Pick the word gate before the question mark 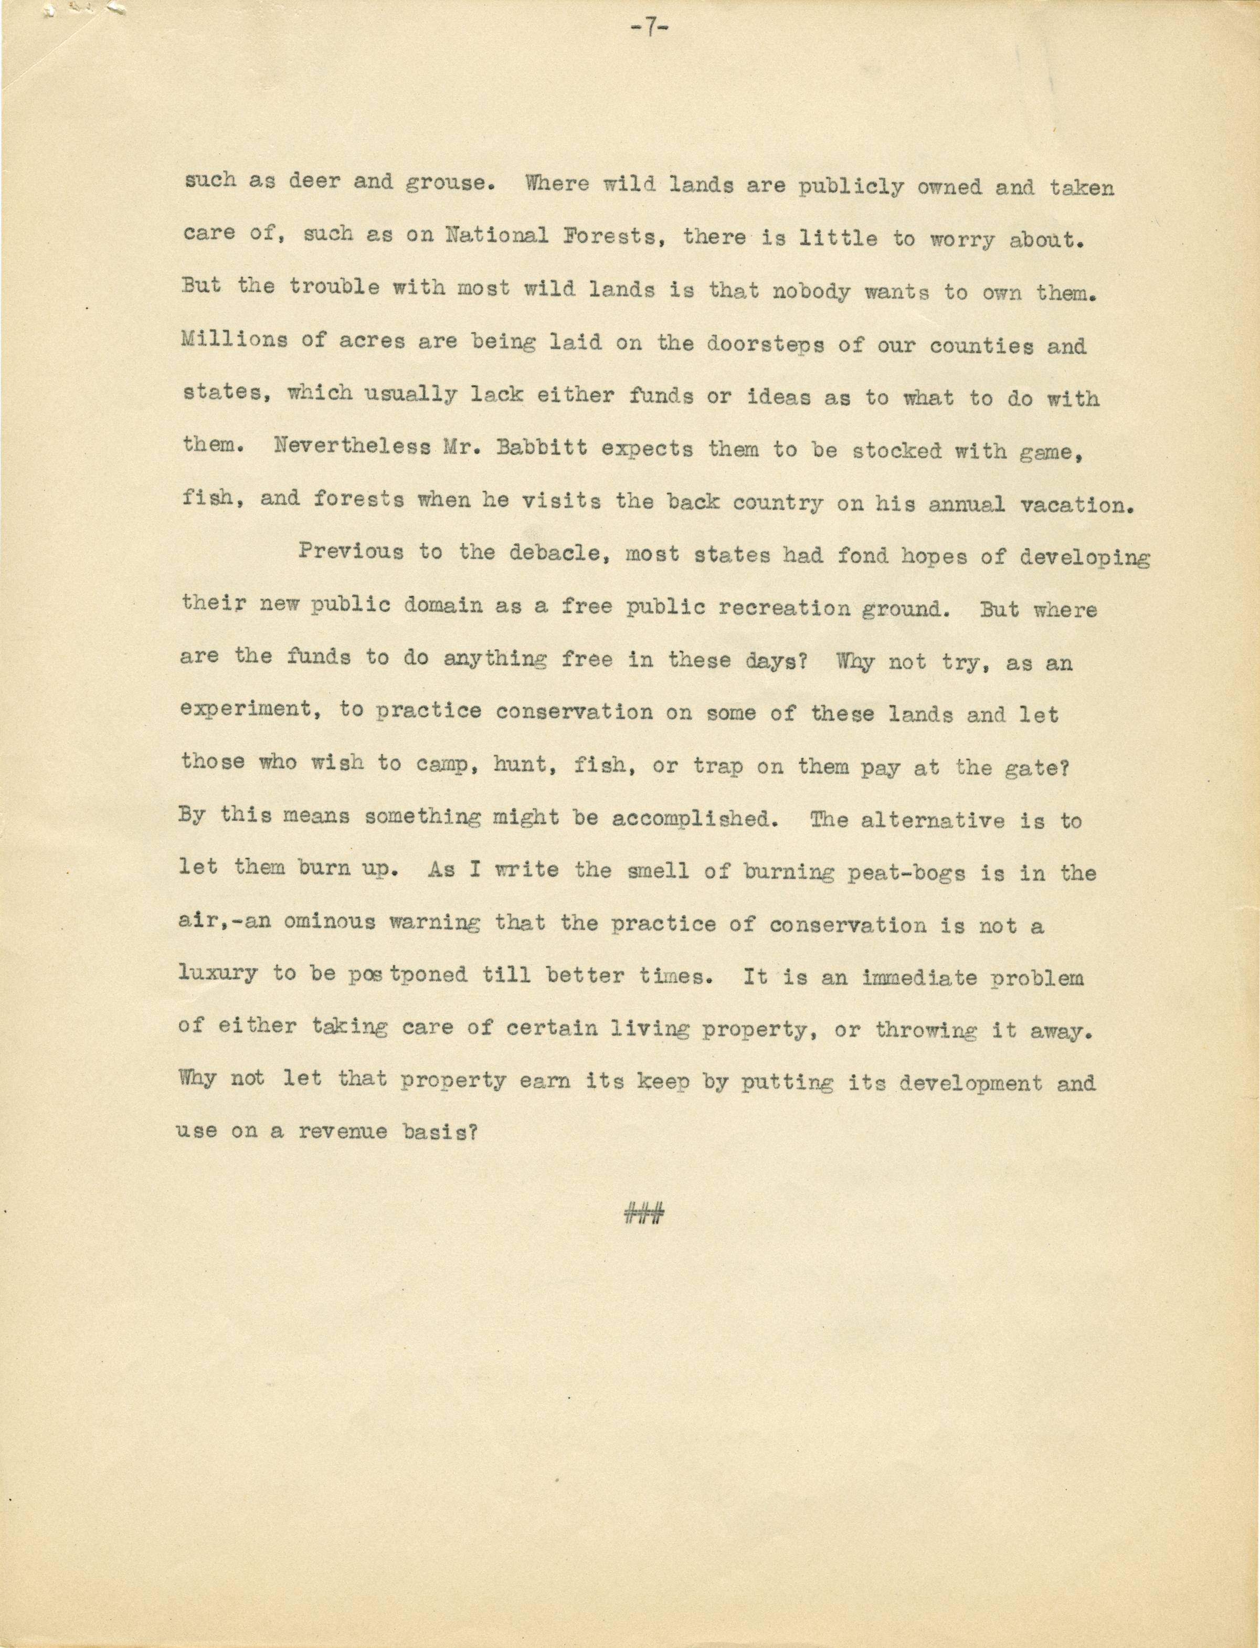(x=1031, y=766)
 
